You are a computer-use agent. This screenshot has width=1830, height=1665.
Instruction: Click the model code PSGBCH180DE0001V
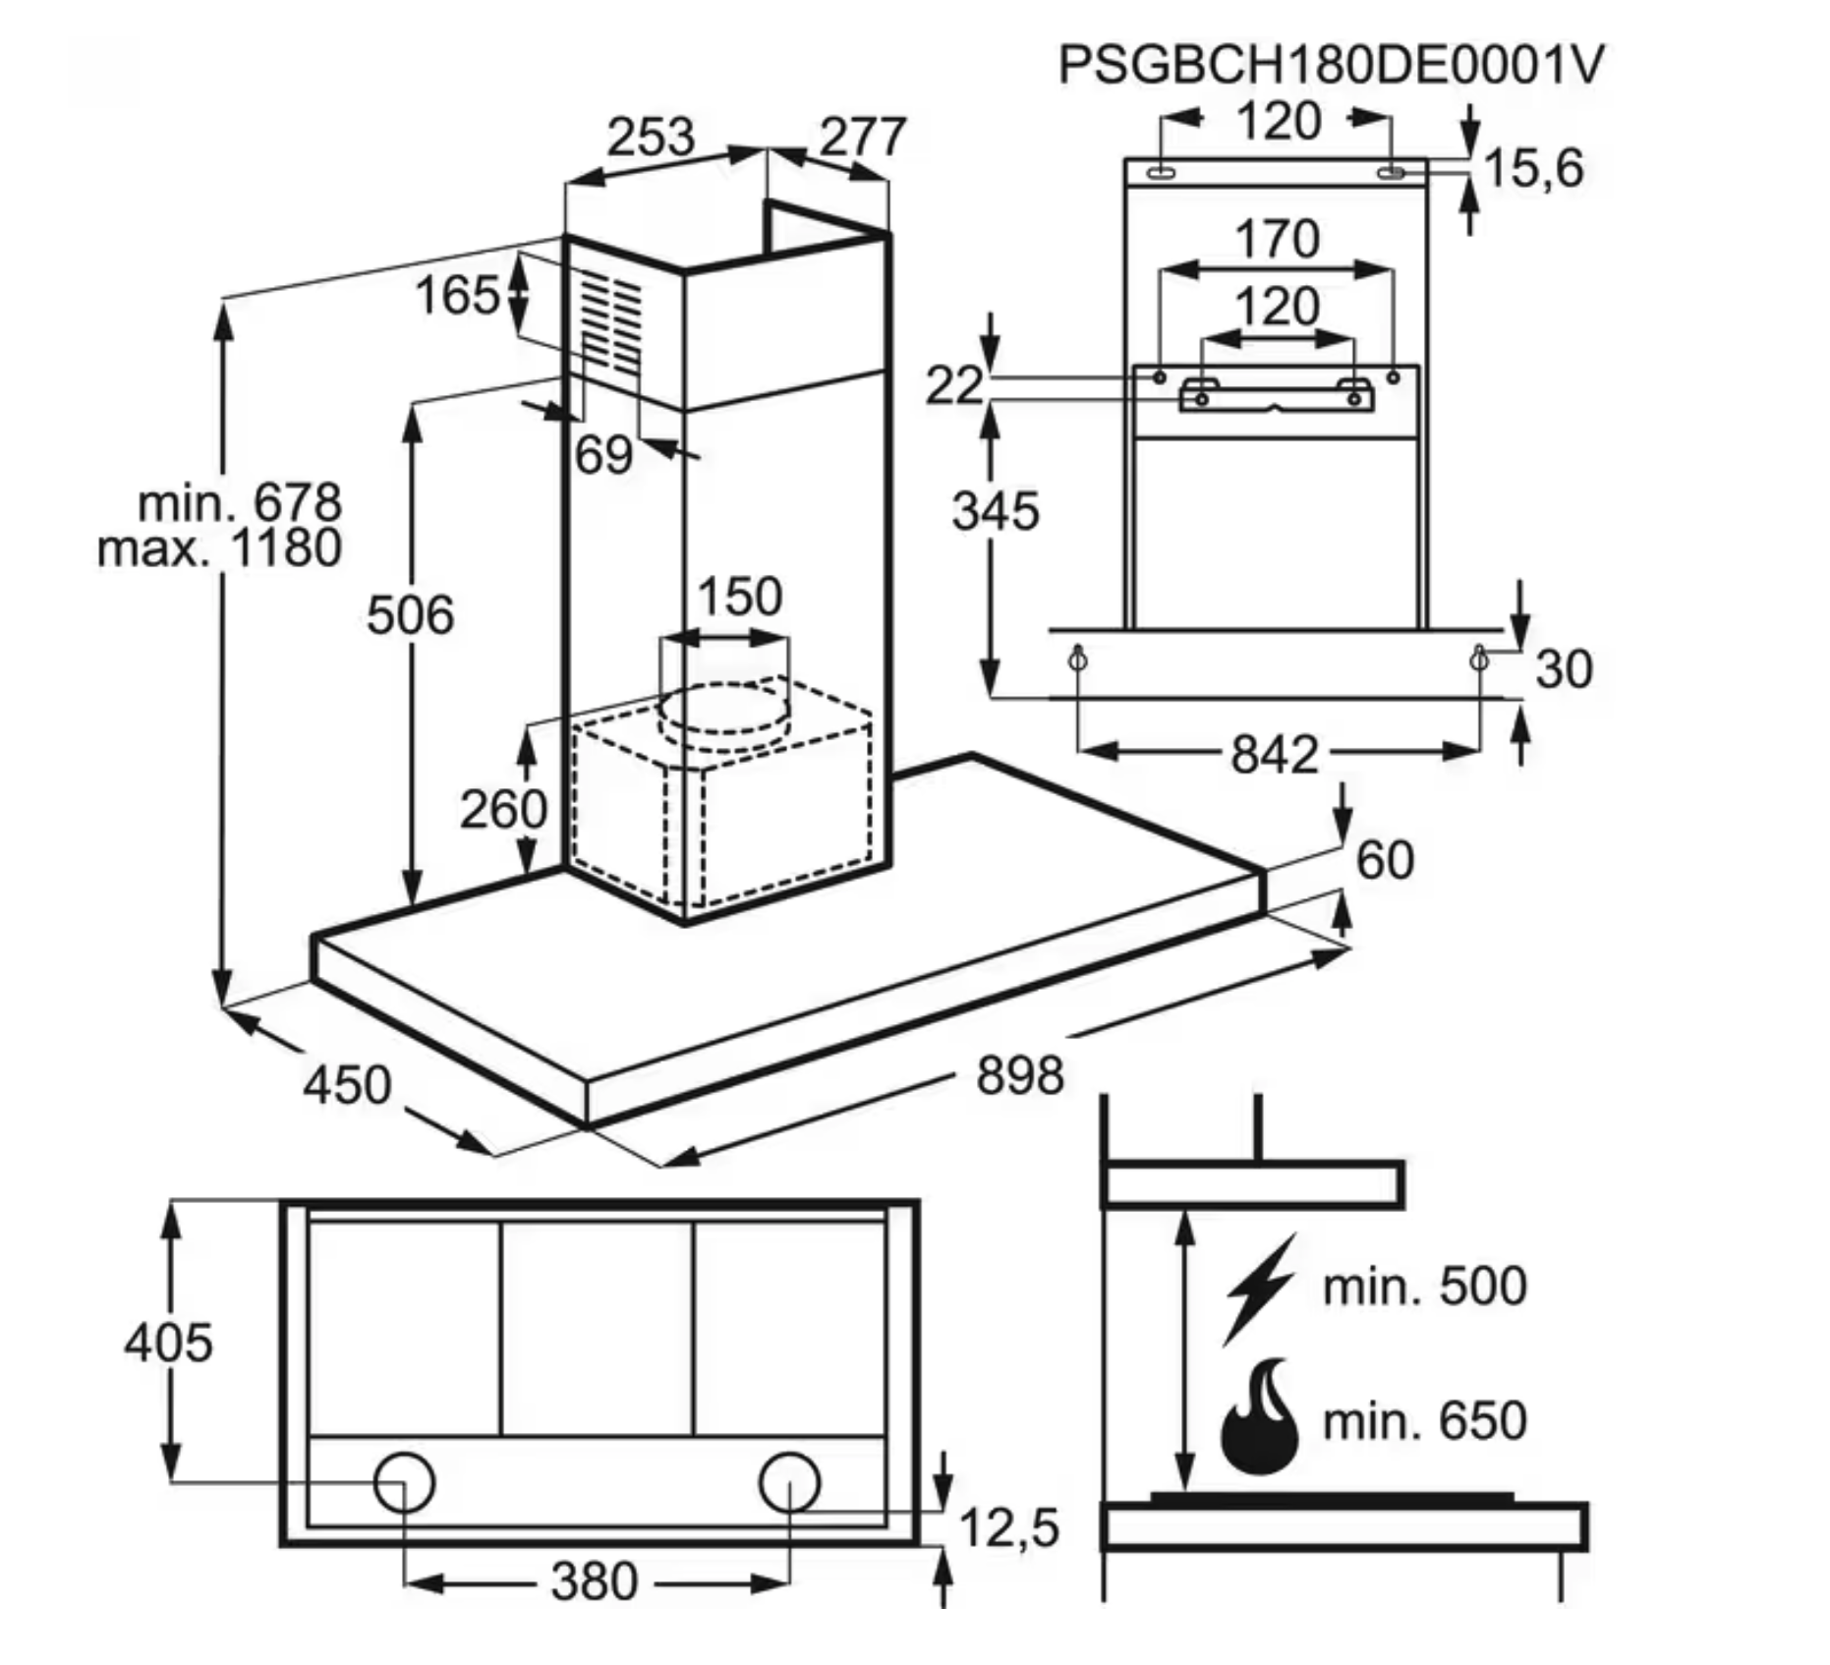[x=1331, y=65]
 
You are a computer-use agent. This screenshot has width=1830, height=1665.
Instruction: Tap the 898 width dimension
[x=1019, y=1074]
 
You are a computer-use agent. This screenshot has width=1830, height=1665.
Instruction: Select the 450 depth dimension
[x=347, y=1085]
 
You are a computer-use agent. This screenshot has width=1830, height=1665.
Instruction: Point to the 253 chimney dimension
[x=650, y=137]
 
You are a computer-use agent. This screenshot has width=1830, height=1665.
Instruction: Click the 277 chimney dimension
[x=862, y=137]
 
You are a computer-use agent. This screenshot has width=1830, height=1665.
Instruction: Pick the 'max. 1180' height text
[x=220, y=548]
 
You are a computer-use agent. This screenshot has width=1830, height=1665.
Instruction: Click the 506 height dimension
[x=410, y=616]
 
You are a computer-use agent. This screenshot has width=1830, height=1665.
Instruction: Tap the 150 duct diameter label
[x=739, y=596]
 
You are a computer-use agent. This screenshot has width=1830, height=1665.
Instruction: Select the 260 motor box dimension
[x=503, y=809]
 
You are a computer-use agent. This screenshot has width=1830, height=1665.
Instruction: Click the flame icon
[x=1259, y=1418]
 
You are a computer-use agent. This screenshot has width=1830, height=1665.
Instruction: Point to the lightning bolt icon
[x=1258, y=1288]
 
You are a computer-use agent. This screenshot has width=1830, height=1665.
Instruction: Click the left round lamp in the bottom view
[x=404, y=1482]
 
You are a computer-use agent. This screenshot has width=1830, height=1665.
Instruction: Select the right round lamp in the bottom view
[x=789, y=1482]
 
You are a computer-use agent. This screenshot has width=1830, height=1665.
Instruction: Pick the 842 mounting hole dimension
[x=1274, y=755]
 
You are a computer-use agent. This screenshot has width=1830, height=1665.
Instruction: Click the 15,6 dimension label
[x=1533, y=168]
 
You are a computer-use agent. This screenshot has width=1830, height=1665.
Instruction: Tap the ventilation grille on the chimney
[x=610, y=324]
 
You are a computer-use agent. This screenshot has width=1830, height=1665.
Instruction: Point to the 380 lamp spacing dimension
[x=594, y=1581]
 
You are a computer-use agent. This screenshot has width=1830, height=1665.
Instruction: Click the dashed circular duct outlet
[x=724, y=710]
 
